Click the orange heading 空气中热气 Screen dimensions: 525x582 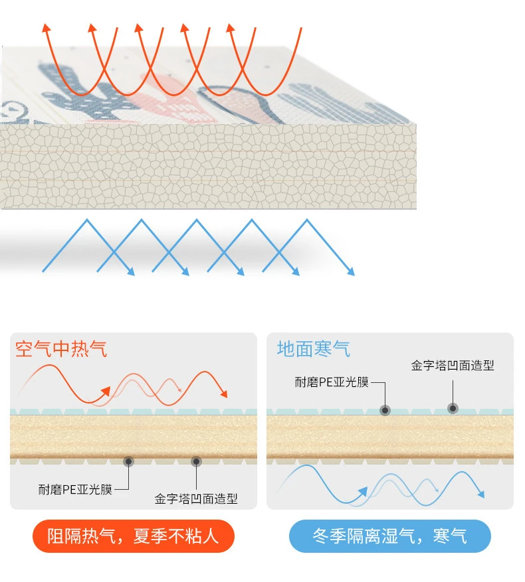60,349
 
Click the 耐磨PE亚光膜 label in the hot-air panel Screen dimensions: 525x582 74,489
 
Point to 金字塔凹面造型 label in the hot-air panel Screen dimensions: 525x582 196,498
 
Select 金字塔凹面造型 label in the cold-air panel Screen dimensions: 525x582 453,366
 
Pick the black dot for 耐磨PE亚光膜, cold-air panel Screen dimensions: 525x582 385,409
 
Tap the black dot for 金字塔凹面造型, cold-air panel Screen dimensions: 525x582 453,407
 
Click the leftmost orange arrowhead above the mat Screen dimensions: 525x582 46,27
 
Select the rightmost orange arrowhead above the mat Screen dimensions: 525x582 231,27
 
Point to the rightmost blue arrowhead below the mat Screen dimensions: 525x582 351,271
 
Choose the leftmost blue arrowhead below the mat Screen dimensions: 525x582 132,271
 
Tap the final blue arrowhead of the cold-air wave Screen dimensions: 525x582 481,494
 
